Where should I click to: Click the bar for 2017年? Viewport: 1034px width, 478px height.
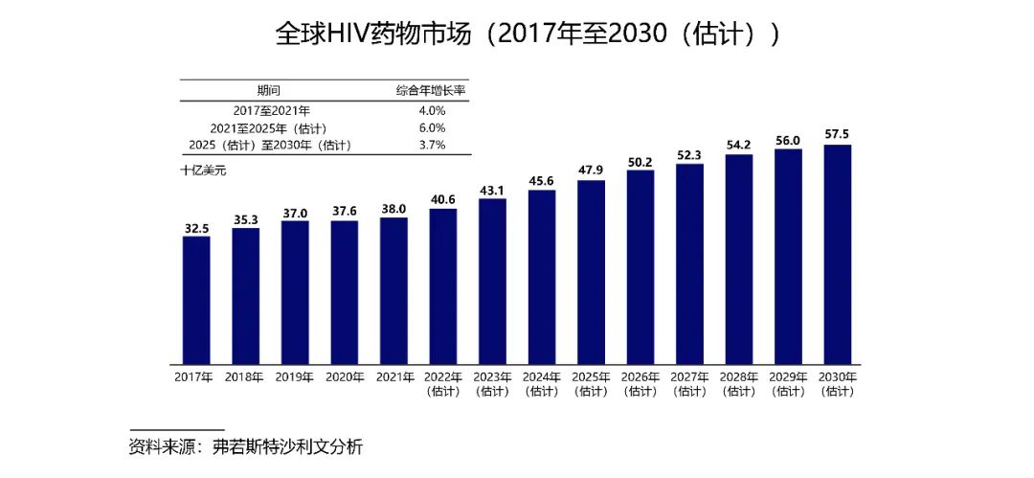pos(196,300)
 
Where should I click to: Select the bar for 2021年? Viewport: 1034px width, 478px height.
pos(393,290)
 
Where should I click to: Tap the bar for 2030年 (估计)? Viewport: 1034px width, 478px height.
pos(838,254)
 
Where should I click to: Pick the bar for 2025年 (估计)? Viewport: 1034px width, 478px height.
pos(591,272)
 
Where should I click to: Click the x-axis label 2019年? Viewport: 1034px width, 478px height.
pos(295,377)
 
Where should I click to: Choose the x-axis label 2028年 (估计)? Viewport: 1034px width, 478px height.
pos(739,384)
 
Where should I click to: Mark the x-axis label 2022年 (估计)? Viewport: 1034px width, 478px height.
pos(443,384)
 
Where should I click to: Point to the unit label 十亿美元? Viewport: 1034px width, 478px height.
pos(203,171)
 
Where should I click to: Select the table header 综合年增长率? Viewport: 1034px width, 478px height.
pos(432,91)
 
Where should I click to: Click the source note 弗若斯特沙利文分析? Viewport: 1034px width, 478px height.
pos(288,446)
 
